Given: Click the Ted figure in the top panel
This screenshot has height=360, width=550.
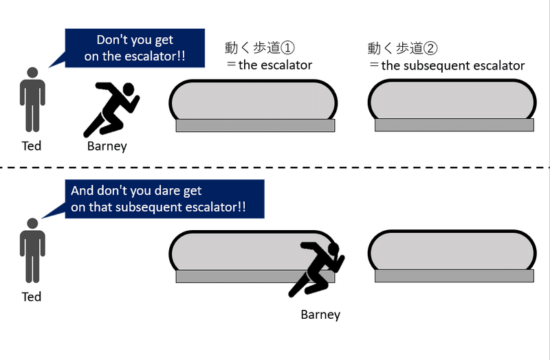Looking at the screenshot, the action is (x=32, y=100).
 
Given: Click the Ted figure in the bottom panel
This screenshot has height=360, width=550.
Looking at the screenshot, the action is (x=32, y=250).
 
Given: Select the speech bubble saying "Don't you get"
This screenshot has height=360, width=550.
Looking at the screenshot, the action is (x=135, y=48).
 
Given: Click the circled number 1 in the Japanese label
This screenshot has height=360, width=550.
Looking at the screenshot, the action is (x=287, y=47).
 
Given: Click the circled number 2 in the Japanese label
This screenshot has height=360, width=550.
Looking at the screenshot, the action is (x=431, y=48).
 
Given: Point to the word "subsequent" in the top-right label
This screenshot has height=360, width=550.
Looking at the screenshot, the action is (x=437, y=66).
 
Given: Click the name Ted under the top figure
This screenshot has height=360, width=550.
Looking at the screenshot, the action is (x=32, y=146).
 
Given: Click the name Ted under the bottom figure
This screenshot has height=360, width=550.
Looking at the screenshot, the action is (x=32, y=297).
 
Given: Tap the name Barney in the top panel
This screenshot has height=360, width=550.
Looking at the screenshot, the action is (x=107, y=146).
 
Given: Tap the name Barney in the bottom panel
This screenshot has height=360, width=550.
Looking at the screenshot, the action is (x=320, y=315).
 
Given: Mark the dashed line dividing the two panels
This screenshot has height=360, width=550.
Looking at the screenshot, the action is (x=275, y=168).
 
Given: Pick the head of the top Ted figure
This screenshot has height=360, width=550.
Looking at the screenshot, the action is (x=32, y=73).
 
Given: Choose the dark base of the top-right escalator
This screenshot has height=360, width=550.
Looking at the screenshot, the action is (x=454, y=125).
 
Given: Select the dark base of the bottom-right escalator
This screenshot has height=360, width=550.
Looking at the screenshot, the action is (x=454, y=276).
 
